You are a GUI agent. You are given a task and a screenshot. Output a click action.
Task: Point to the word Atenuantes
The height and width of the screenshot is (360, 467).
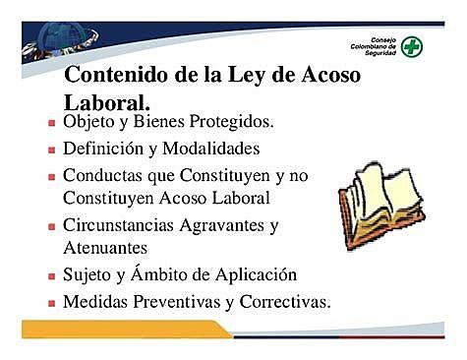point(103,249)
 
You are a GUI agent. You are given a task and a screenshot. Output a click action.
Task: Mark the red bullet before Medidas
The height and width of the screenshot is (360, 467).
point(51,304)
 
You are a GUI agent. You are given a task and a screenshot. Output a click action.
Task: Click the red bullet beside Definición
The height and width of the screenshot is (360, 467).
point(51,153)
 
